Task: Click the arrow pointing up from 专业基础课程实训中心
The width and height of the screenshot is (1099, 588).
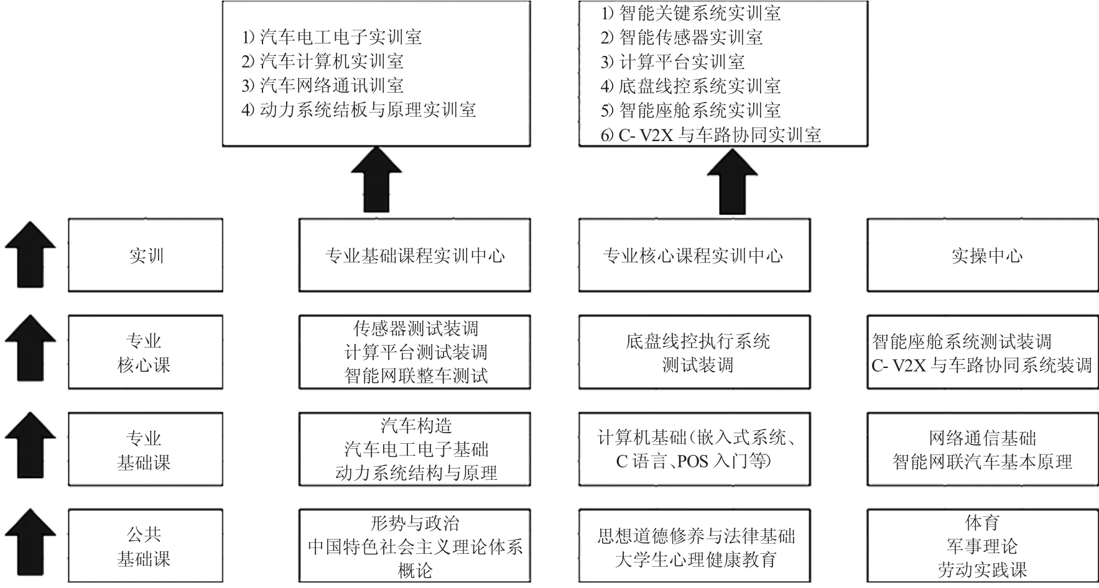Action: pos(376,180)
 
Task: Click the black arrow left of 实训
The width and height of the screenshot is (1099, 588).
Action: pos(30,254)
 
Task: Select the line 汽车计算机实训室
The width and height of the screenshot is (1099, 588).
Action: pos(323,61)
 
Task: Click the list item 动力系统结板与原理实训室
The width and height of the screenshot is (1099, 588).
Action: pos(359,110)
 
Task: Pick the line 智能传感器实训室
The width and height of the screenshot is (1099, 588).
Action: pos(682,37)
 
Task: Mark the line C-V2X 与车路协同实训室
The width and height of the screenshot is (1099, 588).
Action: pos(711,135)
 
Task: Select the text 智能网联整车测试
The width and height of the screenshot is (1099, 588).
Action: pos(416,375)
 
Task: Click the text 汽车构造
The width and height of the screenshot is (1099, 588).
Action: pos(416,426)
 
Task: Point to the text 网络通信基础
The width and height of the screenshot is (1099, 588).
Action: pos(983,438)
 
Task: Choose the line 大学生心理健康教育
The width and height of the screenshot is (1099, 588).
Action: pos(696,559)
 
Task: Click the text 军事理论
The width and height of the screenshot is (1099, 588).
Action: pos(982,546)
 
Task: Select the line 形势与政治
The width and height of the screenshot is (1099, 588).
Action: pos(415,523)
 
